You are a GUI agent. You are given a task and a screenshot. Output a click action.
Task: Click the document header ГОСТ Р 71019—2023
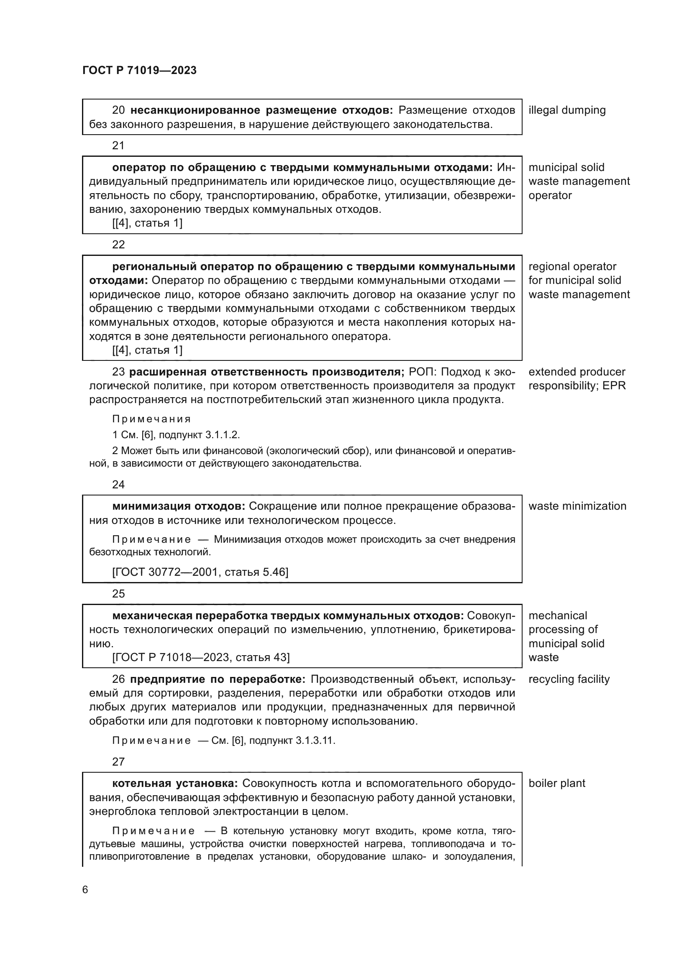point(139,71)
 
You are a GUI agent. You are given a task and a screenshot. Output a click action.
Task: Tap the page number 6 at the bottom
point(85,889)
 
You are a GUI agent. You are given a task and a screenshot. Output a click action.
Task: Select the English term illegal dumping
point(567,110)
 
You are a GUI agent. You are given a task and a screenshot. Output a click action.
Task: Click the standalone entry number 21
point(118,146)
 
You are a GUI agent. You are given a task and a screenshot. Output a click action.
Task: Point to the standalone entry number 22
point(118,245)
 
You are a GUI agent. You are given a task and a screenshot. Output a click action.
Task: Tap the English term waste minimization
point(577,506)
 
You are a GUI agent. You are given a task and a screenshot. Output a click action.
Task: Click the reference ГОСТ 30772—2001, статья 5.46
point(200,572)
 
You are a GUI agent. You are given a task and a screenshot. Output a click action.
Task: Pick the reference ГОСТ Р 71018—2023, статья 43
point(201,657)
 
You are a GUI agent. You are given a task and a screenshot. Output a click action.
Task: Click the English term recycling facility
point(569,679)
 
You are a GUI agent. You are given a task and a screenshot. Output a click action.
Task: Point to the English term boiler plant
point(556,783)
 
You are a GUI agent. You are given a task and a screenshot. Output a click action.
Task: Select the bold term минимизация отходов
point(178,506)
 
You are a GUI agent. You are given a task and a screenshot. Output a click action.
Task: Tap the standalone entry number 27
point(118,761)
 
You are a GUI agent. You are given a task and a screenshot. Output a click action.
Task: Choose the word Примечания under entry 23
point(151,419)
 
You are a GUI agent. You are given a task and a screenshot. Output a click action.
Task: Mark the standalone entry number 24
point(118,484)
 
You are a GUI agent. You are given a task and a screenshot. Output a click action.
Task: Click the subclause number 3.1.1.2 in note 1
point(223,435)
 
